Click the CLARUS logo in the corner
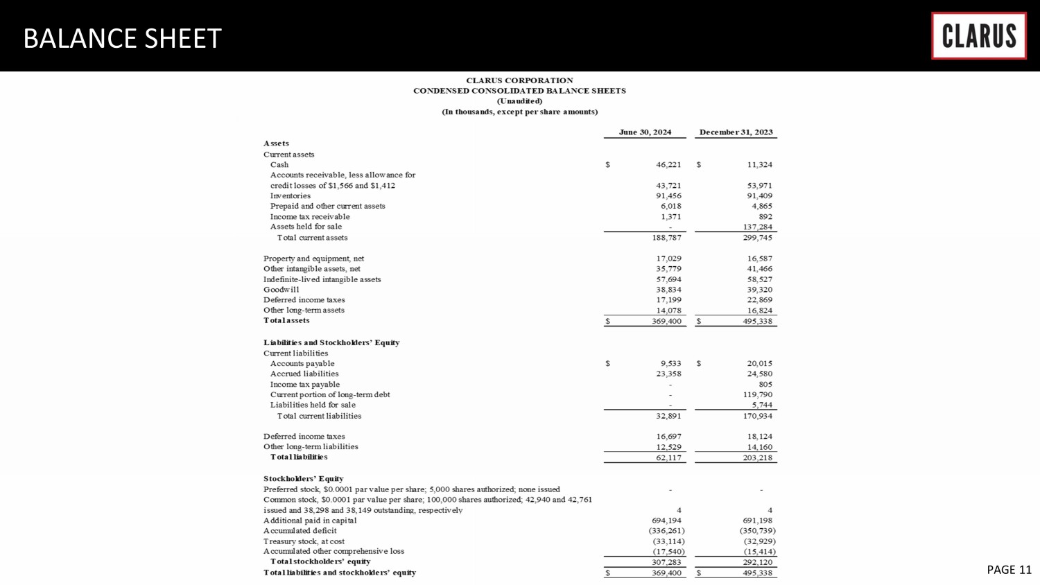click(x=978, y=36)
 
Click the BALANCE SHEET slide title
click(x=122, y=39)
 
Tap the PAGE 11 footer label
click(x=1009, y=570)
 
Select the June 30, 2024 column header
click(x=645, y=132)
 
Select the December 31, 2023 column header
click(x=736, y=132)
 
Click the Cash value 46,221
click(x=668, y=165)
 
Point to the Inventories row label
click(x=291, y=196)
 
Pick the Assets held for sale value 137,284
click(x=757, y=227)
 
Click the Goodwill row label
click(x=281, y=290)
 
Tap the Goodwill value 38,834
click(x=668, y=290)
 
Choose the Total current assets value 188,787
click(x=666, y=238)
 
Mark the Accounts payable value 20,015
click(x=757, y=364)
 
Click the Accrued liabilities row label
click(x=304, y=374)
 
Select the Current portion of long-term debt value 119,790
click(x=757, y=395)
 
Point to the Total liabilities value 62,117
click(x=668, y=458)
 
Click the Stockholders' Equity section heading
click(x=303, y=479)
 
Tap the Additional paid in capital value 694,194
click(x=666, y=521)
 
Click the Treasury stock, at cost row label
click(x=304, y=541)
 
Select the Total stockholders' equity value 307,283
click(x=666, y=562)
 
